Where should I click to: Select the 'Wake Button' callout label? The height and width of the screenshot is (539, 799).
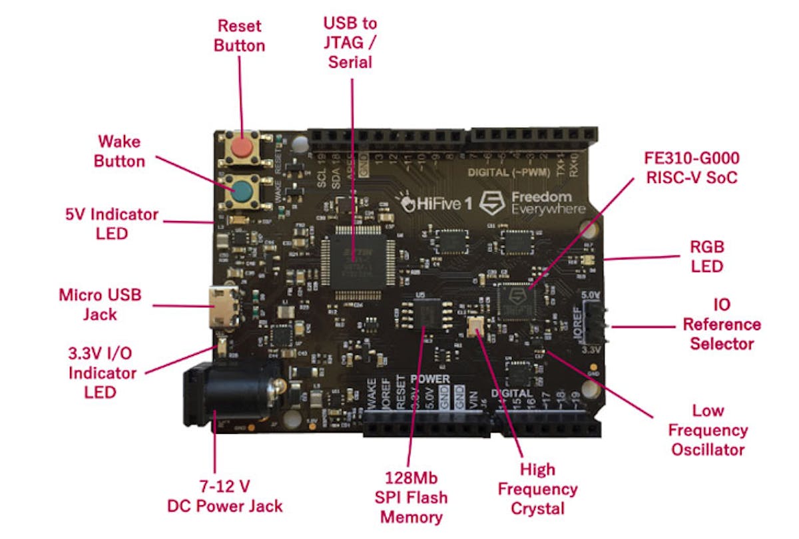pos(120,151)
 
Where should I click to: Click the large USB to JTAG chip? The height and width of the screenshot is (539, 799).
pos(356,260)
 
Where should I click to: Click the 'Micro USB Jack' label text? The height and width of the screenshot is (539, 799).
pos(100,304)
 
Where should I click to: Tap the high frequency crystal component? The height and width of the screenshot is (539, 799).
pos(477,327)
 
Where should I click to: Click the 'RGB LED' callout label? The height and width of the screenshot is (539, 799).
pos(706,256)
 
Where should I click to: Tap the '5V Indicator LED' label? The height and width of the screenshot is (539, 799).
pos(110,224)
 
